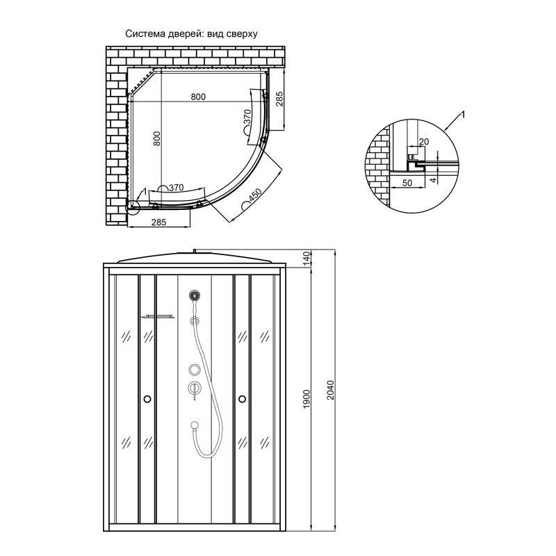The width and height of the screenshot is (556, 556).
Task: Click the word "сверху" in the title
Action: (241, 33)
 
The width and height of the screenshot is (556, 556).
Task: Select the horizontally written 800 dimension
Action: (198, 97)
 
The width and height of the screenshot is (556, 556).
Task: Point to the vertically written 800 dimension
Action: (157, 138)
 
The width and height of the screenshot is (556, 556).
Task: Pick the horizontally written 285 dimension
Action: (160, 222)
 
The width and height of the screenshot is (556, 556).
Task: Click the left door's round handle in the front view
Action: (147, 399)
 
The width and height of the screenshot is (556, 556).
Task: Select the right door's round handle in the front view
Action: (242, 399)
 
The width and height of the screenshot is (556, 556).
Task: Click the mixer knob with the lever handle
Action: (195, 387)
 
